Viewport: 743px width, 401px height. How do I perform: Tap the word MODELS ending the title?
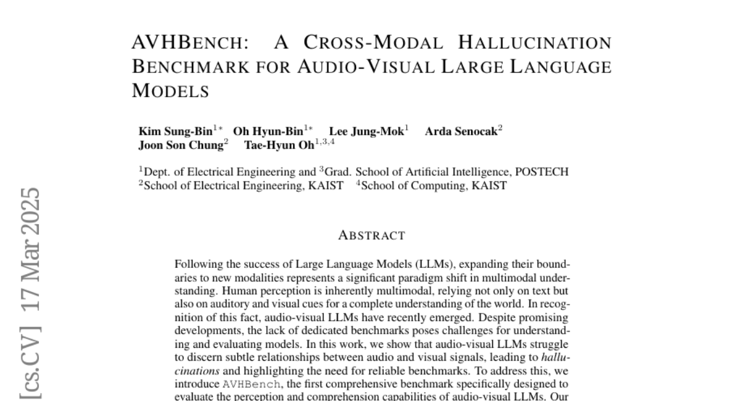171,90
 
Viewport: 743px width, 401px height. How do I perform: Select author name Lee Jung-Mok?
366,131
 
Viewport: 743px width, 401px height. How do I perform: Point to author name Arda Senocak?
461,131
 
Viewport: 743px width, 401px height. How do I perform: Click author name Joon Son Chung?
180,145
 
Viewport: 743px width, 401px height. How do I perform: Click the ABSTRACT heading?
371,235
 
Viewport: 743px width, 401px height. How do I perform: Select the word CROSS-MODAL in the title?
373,43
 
